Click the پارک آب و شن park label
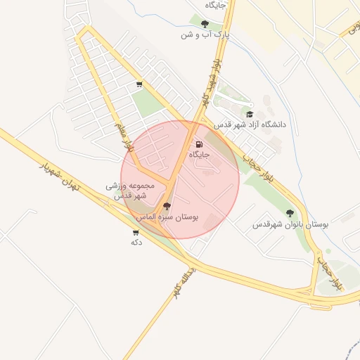pyautogui.click(x=205, y=34)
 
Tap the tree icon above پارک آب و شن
pyautogui.click(x=205, y=24)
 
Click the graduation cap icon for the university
pyautogui.click(x=250, y=114)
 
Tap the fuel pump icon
pyautogui.click(x=199, y=144)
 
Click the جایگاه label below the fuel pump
pyautogui.click(x=199, y=154)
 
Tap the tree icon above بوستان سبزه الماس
pyautogui.click(x=167, y=207)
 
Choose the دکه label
pyautogui.click(x=136, y=243)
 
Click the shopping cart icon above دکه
pyautogui.click(x=136, y=232)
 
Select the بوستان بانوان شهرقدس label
pyautogui.click(x=290, y=224)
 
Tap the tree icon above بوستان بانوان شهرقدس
pyautogui.click(x=290, y=213)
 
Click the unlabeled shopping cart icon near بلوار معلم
pyautogui.click(x=139, y=85)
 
